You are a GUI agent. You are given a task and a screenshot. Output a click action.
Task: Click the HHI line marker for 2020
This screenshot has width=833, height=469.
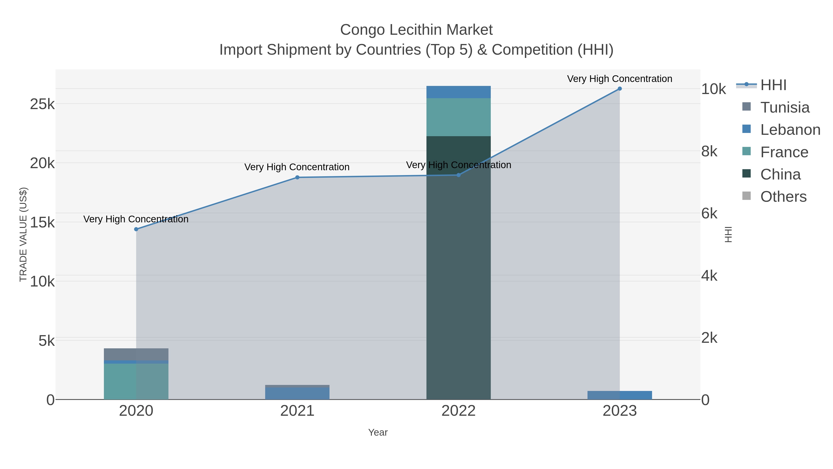136,229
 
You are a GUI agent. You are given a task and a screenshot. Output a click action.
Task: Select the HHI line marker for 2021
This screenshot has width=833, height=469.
297,177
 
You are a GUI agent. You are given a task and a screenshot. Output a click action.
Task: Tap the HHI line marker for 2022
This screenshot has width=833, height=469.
458,175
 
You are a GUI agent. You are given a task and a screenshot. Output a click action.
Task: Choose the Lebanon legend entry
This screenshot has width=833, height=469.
790,130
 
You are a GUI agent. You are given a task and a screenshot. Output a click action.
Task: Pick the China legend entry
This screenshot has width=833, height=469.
780,174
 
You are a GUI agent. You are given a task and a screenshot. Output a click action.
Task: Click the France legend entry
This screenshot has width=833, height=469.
784,152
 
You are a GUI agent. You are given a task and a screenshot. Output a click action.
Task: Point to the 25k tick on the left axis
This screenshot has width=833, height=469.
42,104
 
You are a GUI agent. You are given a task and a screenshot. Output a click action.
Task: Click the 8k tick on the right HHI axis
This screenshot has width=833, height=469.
709,151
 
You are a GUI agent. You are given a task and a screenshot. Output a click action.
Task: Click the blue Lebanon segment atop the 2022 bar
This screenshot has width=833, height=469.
458,92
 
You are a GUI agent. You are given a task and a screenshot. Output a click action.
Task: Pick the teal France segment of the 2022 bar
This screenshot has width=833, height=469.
458,117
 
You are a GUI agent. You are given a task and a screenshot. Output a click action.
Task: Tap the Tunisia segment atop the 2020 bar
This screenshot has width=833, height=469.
136,354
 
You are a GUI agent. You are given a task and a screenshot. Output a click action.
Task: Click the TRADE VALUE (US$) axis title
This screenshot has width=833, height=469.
23,234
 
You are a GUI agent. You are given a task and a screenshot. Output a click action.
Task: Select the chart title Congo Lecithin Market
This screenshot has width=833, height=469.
416,30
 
